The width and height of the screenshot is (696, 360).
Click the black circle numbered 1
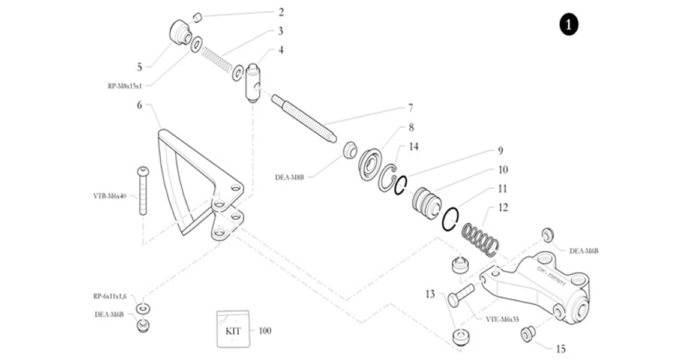[x=568, y=25]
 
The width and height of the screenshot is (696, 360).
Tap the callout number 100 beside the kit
[x=265, y=331]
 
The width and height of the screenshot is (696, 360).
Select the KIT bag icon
[x=232, y=329]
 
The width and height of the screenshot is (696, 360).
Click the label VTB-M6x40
[x=110, y=196]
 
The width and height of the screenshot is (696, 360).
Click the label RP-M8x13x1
[x=125, y=86]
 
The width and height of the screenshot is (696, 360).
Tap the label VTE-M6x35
[x=502, y=319]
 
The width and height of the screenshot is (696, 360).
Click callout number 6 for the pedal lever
[x=140, y=105]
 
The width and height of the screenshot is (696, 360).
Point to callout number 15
[x=560, y=348]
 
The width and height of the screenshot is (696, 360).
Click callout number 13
[x=430, y=294]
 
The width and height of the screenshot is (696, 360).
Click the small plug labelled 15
[x=527, y=334]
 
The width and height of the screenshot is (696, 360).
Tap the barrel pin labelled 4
[x=252, y=83]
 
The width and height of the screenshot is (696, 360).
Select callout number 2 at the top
[x=281, y=12]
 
